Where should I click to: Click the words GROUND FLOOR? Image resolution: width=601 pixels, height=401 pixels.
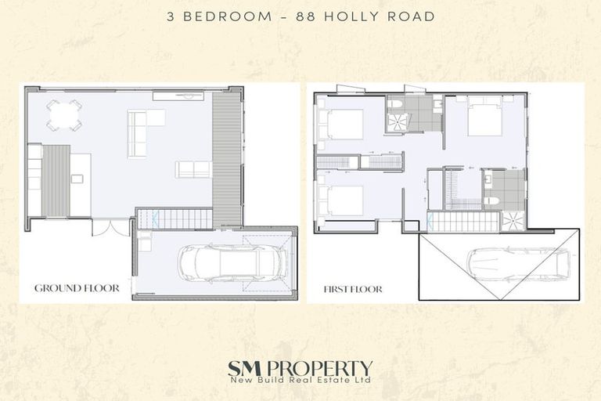pos(77,288)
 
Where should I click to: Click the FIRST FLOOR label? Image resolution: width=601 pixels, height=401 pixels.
pos(353,289)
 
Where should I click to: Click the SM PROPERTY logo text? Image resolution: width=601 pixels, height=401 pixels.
pos(300,367)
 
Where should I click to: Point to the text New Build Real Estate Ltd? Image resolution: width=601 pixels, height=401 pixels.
pos(300,381)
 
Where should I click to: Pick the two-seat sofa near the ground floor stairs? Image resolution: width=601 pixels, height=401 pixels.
pos(193,169)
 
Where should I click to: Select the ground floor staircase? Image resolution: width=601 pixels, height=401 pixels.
pos(175,219)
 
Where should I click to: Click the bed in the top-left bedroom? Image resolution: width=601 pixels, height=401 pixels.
pos(341,124)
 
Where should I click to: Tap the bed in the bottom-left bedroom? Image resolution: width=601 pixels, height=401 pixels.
pos(341,200)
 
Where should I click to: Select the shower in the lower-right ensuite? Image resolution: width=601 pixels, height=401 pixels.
pos(513,221)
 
